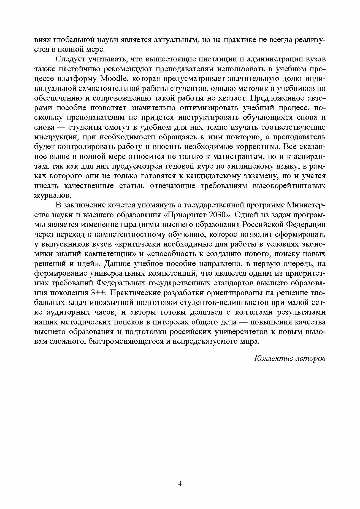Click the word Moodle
coord(113,79)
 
